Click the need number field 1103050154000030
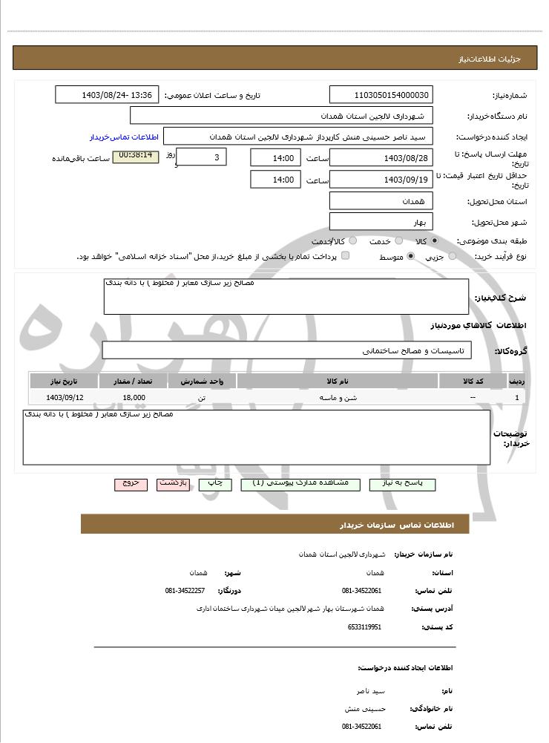(x=381, y=95)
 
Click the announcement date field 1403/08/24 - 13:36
(x=107, y=95)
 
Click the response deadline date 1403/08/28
(x=381, y=157)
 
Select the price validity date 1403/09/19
(x=381, y=180)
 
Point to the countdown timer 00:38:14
(x=135, y=156)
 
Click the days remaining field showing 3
(x=203, y=157)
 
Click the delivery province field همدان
(x=381, y=201)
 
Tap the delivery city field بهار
(x=381, y=222)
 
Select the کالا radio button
(x=435, y=241)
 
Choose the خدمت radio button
(x=398, y=241)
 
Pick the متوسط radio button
(x=410, y=257)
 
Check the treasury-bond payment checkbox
(x=345, y=256)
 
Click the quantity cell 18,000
(x=134, y=398)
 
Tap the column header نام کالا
(x=338, y=381)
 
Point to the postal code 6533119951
(x=364, y=627)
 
